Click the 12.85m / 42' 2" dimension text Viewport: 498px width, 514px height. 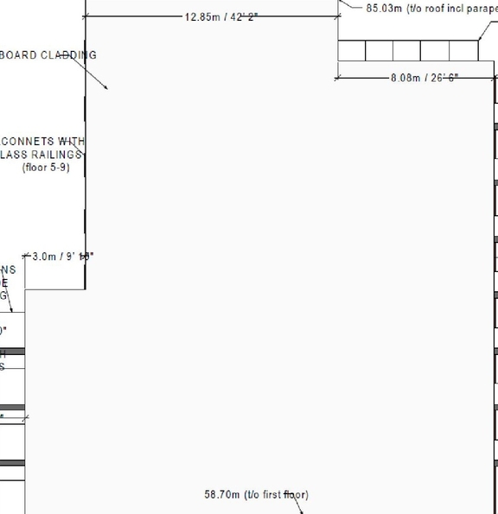[x=221, y=16]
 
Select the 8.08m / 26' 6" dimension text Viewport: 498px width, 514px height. [x=425, y=78]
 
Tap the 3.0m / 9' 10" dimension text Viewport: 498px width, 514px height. [x=62, y=257]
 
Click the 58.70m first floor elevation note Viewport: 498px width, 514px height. [x=256, y=495]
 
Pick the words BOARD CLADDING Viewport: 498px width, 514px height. [x=48, y=55]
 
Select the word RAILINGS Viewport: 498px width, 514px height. [x=56, y=154]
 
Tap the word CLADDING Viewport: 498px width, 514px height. [x=68, y=55]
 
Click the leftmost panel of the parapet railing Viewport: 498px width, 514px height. [x=351, y=51]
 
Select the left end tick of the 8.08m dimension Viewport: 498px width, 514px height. [x=336, y=78]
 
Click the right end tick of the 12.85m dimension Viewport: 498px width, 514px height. [x=337, y=16]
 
